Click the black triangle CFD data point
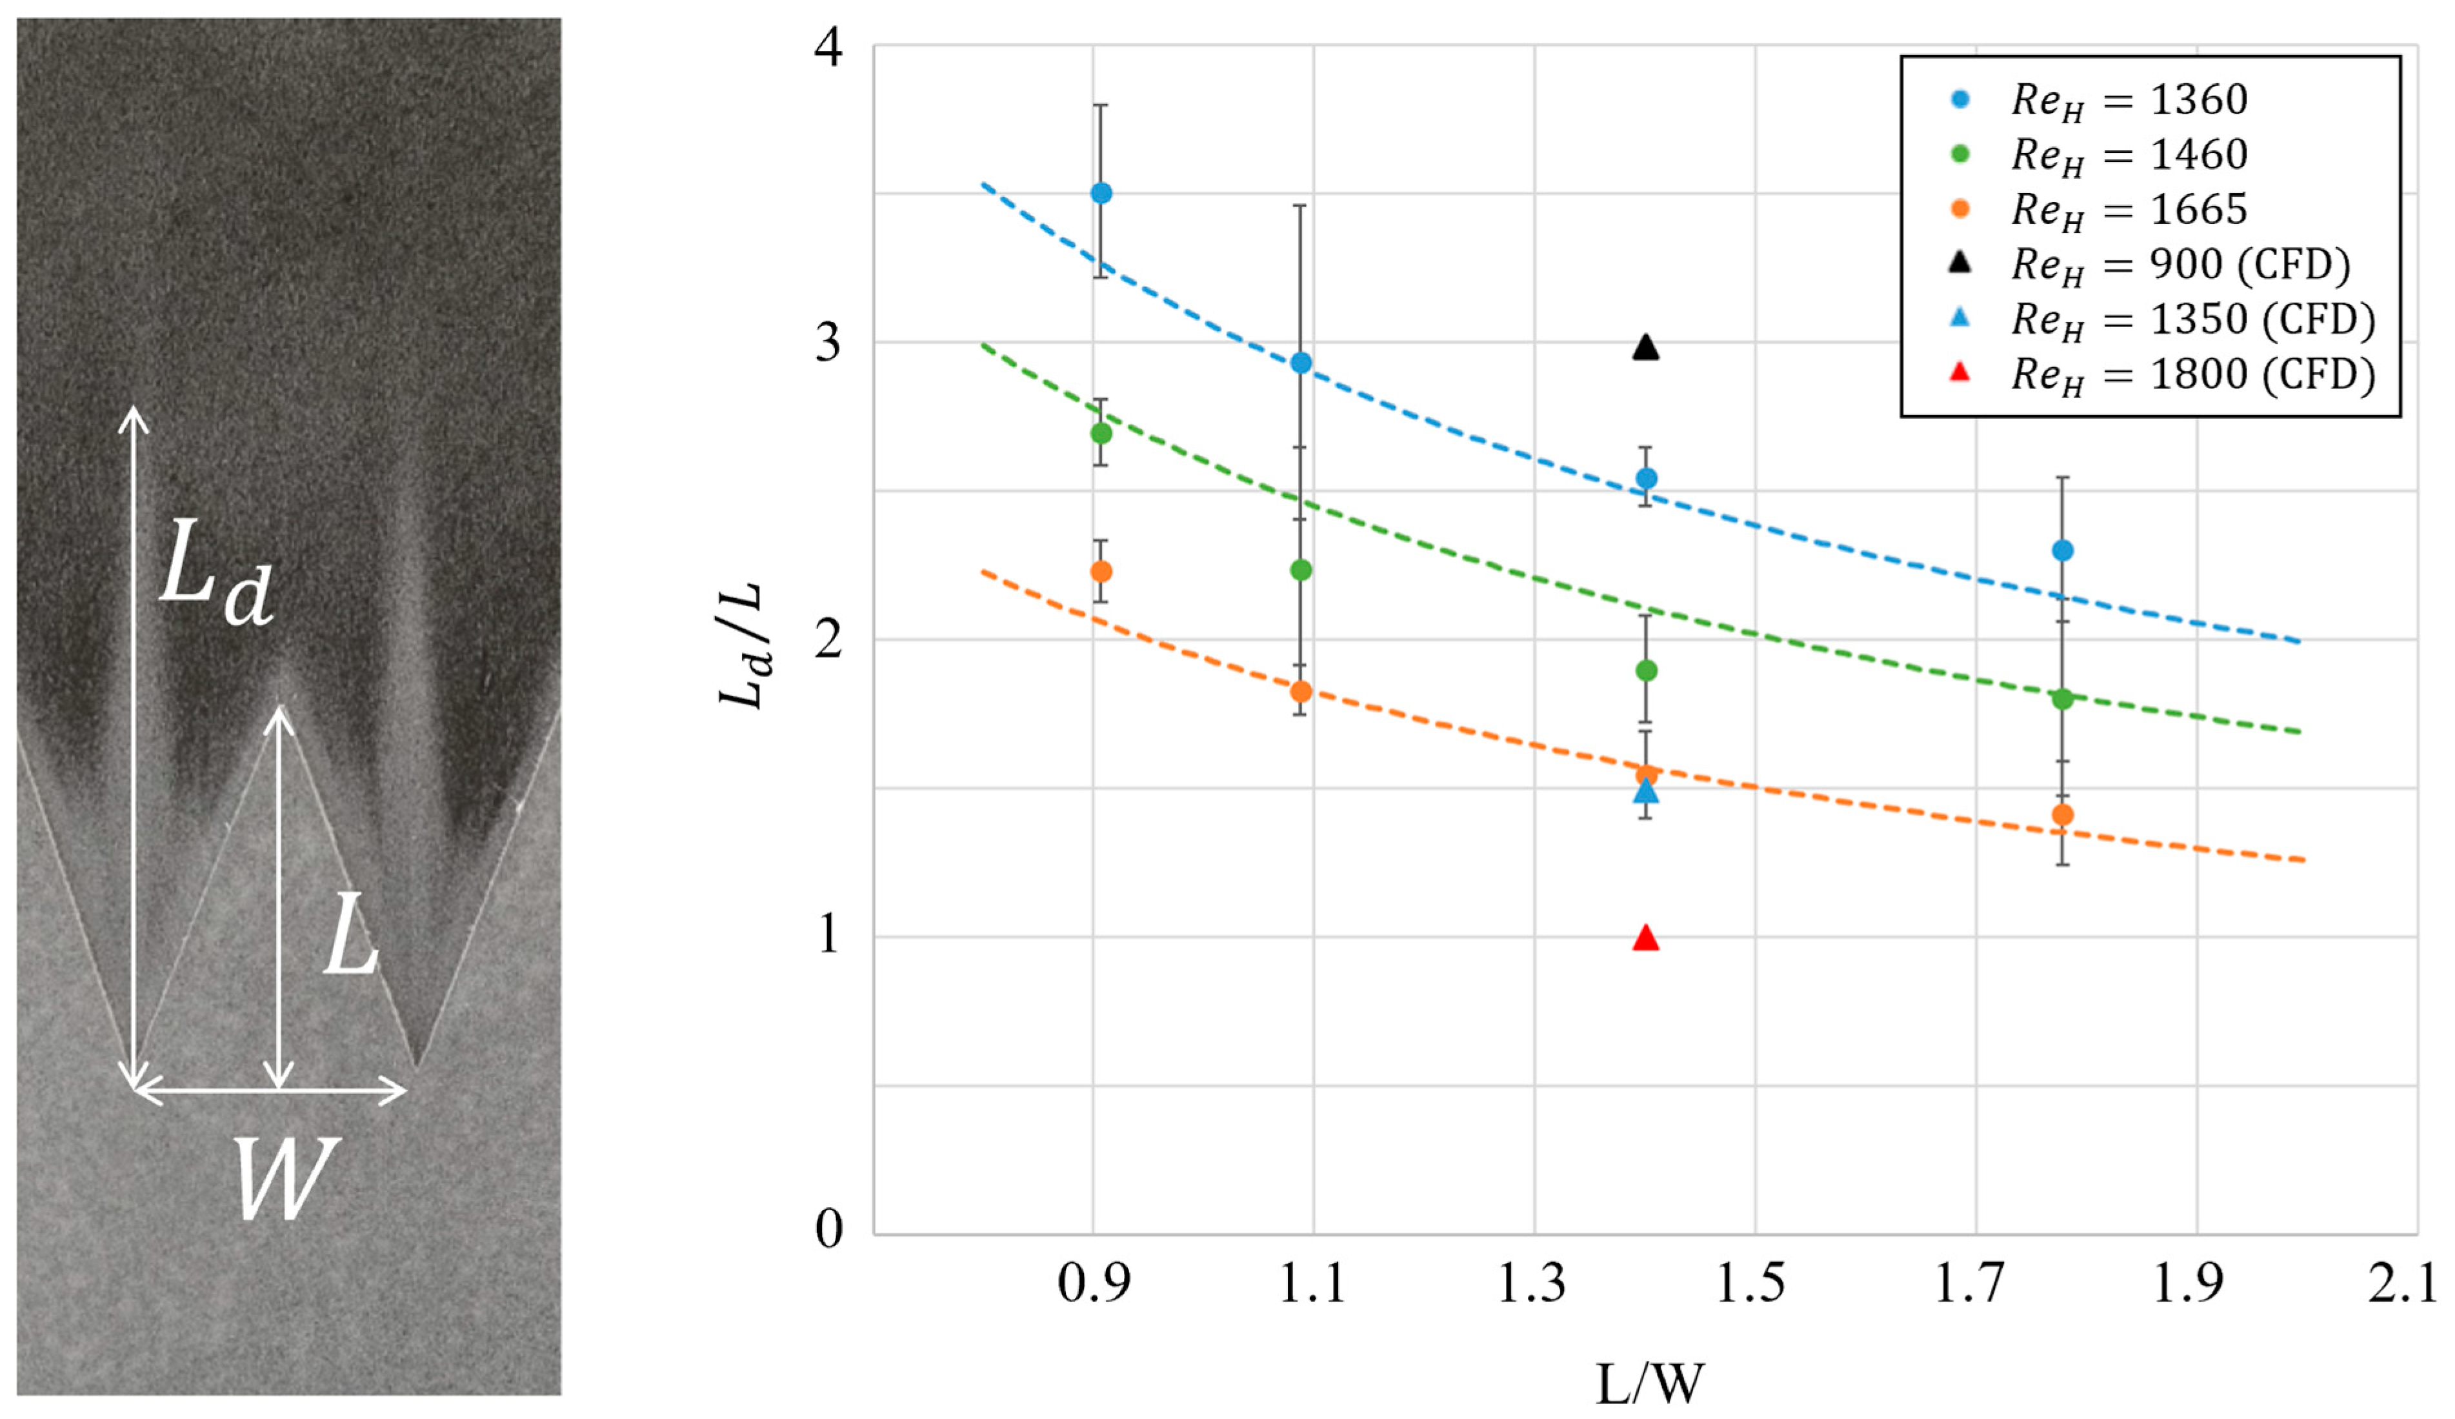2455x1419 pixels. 1645,348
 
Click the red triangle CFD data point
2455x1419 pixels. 1645,938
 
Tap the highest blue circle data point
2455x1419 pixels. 1101,193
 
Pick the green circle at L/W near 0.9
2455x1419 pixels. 1101,433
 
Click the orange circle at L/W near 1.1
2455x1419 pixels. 1301,692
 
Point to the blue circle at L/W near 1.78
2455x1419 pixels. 2063,550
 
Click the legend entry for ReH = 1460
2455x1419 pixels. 2129,155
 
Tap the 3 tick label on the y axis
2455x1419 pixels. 828,342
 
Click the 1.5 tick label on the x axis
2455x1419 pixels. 1750,1283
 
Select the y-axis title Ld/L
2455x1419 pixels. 743,646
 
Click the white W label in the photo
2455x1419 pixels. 285,1178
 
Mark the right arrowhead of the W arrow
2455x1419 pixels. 401,1091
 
